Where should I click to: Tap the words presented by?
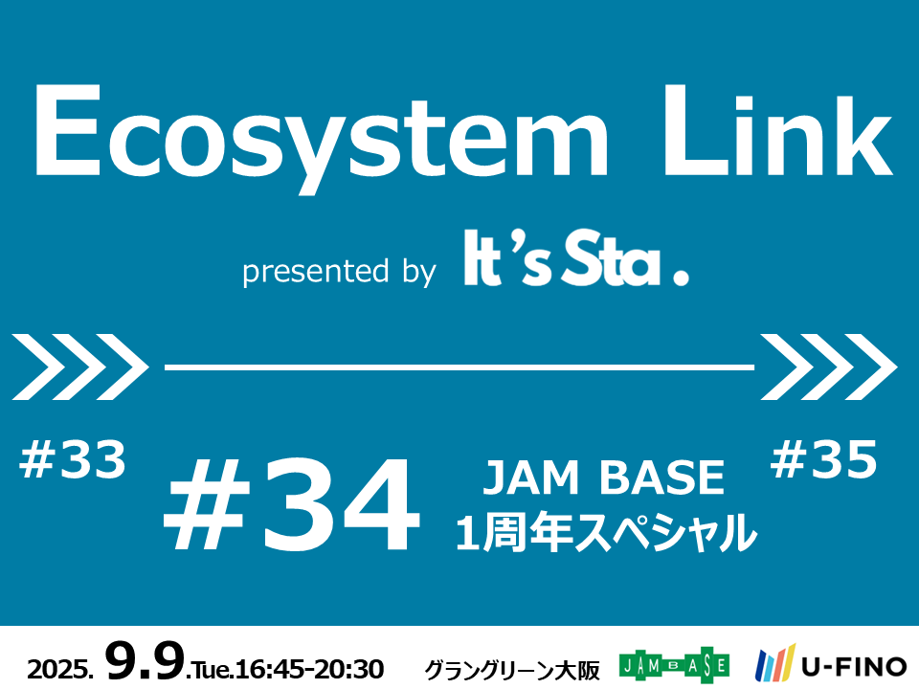[339, 272]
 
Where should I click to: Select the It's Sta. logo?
[576, 257]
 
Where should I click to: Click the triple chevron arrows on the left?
[80, 367]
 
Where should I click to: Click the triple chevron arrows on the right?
[829, 367]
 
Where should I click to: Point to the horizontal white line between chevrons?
[459, 367]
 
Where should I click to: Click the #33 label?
[73, 460]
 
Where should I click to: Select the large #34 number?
[292, 505]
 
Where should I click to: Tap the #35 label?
[824, 460]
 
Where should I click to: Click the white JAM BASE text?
[604, 477]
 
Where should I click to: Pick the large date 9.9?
[145, 660]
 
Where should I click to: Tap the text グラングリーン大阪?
[512, 670]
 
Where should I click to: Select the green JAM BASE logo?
[674, 665]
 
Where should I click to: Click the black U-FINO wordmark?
[854, 667]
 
